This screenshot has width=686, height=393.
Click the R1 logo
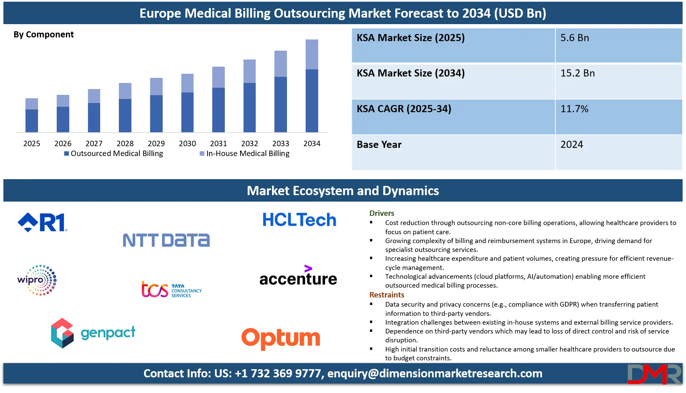(x=43, y=222)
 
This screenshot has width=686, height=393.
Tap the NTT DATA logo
(x=166, y=240)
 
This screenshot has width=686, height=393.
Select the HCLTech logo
(x=299, y=220)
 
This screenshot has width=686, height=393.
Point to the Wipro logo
(x=37, y=280)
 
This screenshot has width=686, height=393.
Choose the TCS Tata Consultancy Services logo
(x=171, y=289)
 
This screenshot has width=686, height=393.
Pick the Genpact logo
(x=93, y=333)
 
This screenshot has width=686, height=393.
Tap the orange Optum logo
(x=281, y=338)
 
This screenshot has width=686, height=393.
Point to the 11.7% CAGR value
(x=574, y=109)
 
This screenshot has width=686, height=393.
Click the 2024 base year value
(x=572, y=144)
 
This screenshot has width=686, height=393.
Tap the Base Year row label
(x=379, y=144)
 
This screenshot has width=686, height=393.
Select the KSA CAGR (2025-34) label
(x=404, y=109)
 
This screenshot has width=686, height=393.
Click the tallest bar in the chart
(x=312, y=85)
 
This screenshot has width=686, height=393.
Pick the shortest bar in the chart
(x=31, y=115)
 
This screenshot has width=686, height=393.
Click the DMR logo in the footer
(x=654, y=374)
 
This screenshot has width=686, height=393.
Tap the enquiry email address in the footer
(x=435, y=373)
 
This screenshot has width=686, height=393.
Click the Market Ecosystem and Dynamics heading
(x=343, y=191)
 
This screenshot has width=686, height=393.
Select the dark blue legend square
(x=67, y=154)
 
